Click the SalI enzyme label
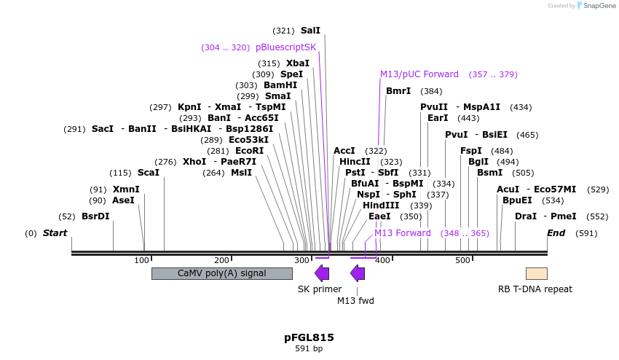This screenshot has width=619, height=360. click(310, 31)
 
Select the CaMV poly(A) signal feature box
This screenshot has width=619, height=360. click(221, 273)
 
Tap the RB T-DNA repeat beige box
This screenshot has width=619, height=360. click(537, 273)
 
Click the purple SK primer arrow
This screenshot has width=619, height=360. click(321, 273)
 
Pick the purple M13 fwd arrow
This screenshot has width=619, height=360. click(358, 273)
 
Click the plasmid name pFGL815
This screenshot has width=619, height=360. click(309, 337)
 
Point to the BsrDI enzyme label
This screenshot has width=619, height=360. click(95, 216)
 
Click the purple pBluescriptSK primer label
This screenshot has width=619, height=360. click(285, 47)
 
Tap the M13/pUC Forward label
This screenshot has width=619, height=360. click(419, 74)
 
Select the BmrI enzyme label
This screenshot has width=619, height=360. click(398, 91)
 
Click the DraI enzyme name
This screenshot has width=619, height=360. click(525, 216)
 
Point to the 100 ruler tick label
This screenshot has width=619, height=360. click(142, 260)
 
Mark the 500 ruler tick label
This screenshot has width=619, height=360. click(463, 260)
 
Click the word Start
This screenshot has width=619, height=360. click(55, 233)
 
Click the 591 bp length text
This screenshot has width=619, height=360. click(309, 349)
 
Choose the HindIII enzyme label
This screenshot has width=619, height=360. click(381, 206)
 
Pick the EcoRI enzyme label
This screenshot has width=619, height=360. click(249, 151)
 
